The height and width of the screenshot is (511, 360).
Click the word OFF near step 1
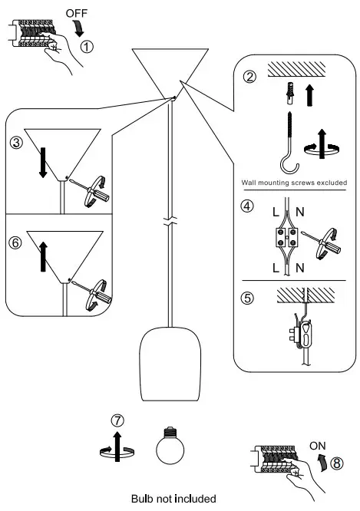pyautogui.click(x=76, y=13)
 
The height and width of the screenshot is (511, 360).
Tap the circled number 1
pyautogui.click(x=87, y=47)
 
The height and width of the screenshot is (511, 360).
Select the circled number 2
pyautogui.click(x=249, y=77)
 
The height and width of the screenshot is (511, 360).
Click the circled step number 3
pyautogui.click(x=16, y=143)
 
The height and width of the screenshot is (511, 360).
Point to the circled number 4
pyautogui.click(x=247, y=206)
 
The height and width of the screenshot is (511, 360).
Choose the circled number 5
pyautogui.click(x=247, y=298)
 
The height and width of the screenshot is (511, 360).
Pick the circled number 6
pyautogui.click(x=15, y=242)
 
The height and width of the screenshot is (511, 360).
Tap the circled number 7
pyautogui.click(x=117, y=420)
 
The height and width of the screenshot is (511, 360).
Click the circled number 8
pyautogui.click(x=337, y=463)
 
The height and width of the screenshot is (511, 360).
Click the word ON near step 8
pyautogui.click(x=317, y=446)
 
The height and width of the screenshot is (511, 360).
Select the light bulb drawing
pyautogui.click(x=170, y=445)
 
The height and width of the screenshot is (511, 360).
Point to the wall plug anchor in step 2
pyautogui.click(x=290, y=93)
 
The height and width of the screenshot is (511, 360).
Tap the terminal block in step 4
pyautogui.click(x=286, y=237)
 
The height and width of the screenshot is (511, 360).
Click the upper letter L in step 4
pyautogui.click(x=276, y=213)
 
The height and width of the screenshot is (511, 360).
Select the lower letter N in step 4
pyautogui.click(x=300, y=268)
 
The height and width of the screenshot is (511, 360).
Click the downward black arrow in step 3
pyautogui.click(x=43, y=163)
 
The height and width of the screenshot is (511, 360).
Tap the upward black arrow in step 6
pyautogui.click(x=43, y=256)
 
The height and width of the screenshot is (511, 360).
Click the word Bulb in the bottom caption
pyautogui.click(x=143, y=499)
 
